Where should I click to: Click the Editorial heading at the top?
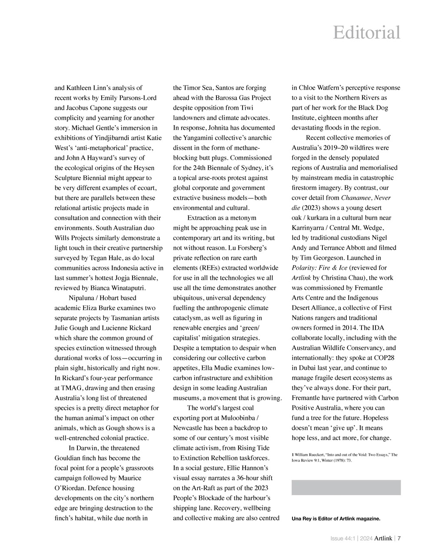tap(366, 33)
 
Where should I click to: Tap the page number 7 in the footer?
tap(399, 538)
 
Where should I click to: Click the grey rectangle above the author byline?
tap(346, 487)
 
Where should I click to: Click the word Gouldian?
tap(69, 458)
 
